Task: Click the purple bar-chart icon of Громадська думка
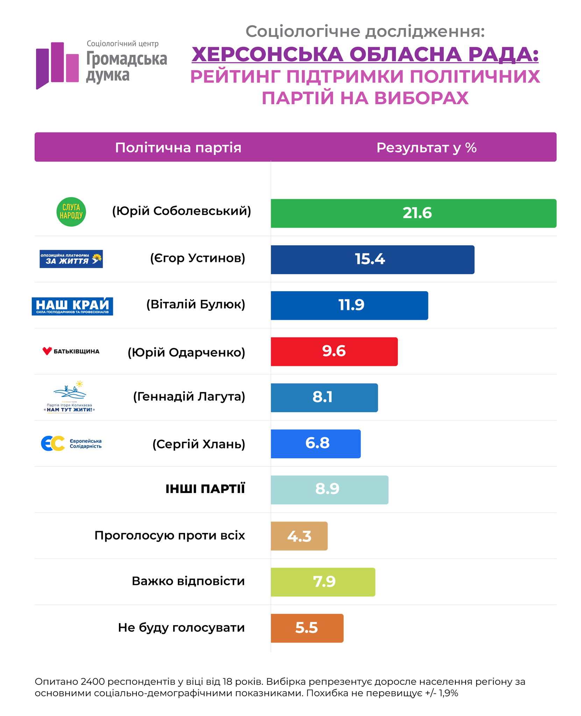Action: (x=57, y=64)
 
